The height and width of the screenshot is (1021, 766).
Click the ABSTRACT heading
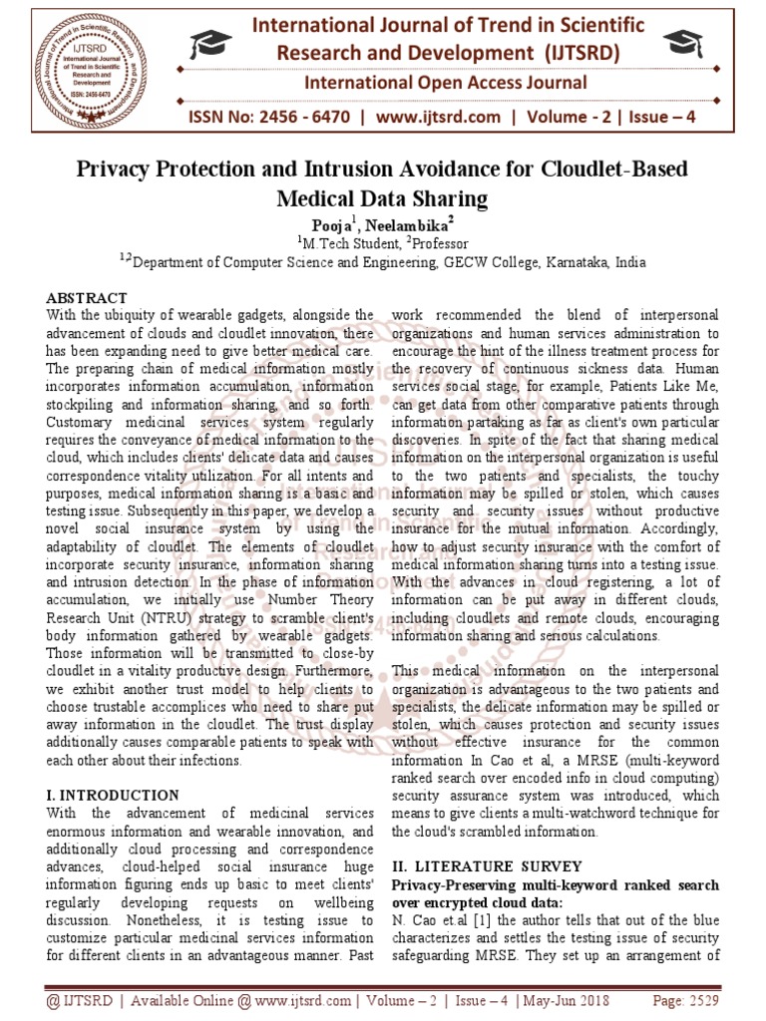click(87, 298)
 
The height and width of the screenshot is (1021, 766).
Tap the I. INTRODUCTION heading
click(113, 796)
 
